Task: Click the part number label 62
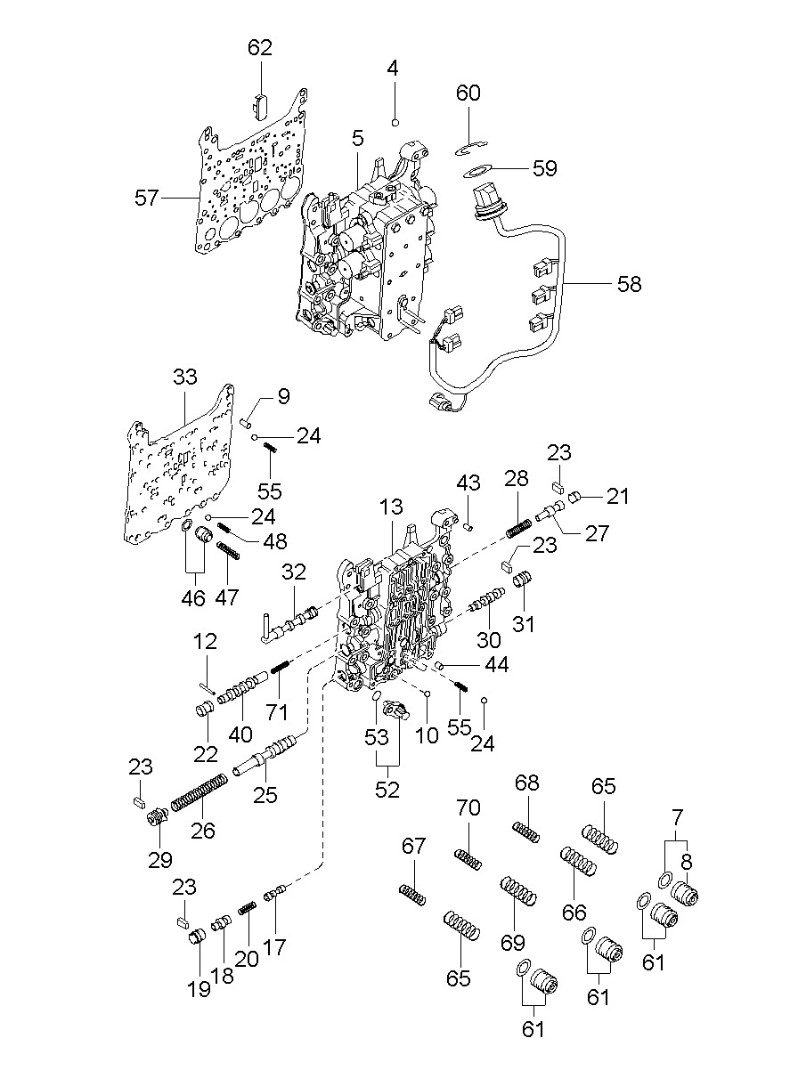tap(260, 48)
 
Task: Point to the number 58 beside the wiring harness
tap(629, 284)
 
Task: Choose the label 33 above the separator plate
tap(184, 377)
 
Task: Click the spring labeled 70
tap(468, 859)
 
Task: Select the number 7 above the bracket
tap(677, 815)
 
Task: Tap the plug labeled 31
tap(523, 582)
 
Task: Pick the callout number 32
tap(295, 571)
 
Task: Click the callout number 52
tap(387, 789)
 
